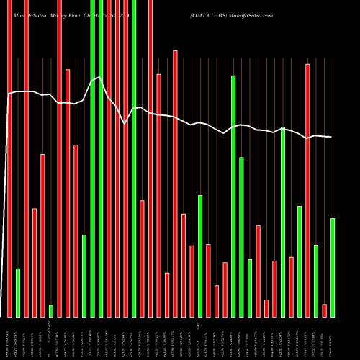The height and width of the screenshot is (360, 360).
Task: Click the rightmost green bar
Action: (x=333, y=267)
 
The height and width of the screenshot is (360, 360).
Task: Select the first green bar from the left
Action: (x=18, y=292)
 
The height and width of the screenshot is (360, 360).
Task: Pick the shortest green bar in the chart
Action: (x=51, y=310)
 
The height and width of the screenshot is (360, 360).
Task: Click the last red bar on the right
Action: (x=324, y=310)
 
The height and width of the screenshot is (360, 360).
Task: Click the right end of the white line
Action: (x=332, y=137)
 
